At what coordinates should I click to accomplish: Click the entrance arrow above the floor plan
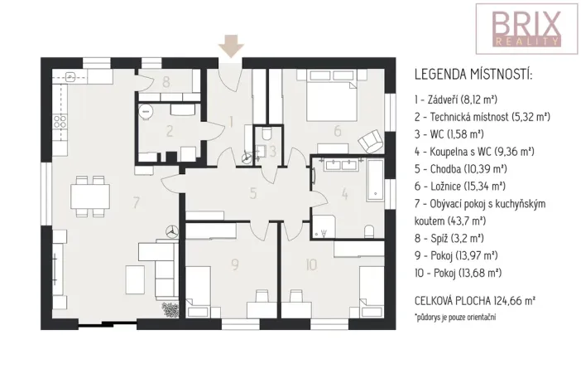click(231, 46)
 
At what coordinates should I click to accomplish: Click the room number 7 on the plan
click(136, 201)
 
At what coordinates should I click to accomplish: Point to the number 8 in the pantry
click(166, 81)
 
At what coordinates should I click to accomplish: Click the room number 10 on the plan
click(310, 265)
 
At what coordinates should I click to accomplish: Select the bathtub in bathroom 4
click(374, 184)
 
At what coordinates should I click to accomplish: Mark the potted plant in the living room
click(170, 310)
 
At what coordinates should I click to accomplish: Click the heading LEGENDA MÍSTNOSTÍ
click(473, 75)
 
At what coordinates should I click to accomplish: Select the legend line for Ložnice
click(459, 186)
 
